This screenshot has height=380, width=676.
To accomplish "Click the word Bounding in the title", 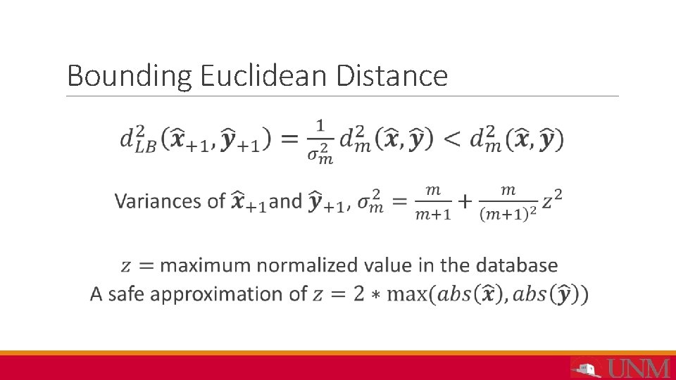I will [x=130, y=76].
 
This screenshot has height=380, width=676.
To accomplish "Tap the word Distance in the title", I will [x=392, y=76].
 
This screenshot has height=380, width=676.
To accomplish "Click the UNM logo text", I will [x=639, y=368].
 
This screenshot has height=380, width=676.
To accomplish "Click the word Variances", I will [x=161, y=201].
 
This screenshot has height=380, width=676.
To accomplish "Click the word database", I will [x=517, y=265].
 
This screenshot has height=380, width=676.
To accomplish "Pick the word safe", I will [x=125, y=293].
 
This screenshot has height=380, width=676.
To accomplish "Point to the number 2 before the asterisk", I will [x=359, y=293].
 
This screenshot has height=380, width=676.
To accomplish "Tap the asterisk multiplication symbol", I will [x=377, y=295].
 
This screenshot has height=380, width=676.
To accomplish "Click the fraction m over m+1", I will [x=432, y=202].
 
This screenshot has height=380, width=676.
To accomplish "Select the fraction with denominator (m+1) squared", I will [x=508, y=202].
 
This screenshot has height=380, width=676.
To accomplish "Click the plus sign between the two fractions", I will [x=465, y=202].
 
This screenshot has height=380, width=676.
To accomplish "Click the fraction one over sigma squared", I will [x=320, y=141].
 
